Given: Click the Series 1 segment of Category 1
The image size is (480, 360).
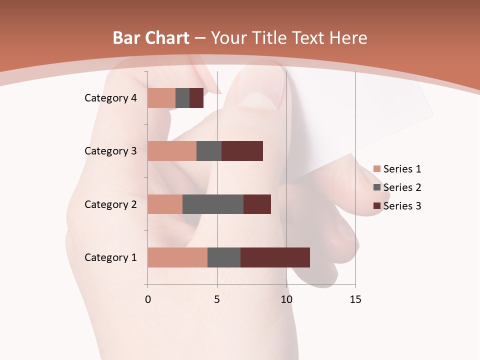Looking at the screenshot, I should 177,257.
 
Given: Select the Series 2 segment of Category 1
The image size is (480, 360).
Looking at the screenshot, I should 224,257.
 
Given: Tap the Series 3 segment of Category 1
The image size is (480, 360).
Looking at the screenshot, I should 275,257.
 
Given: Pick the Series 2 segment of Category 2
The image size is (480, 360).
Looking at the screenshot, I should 213,204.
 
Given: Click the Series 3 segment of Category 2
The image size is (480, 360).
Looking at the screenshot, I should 257,204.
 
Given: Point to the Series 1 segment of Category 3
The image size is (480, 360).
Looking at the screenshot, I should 172,151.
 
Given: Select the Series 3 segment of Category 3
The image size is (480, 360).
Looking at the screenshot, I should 242,151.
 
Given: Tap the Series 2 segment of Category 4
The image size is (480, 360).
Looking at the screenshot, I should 182,98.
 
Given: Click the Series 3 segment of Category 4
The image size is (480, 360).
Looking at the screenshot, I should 196,98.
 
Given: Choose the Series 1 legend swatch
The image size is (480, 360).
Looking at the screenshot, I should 376,169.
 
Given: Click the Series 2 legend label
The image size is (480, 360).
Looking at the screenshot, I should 402,187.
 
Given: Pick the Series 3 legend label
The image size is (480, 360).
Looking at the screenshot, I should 402,206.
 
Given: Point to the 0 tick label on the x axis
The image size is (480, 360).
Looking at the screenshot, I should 147,299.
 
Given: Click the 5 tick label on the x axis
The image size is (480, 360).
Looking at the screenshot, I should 217,299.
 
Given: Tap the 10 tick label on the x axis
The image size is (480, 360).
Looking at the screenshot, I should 286,299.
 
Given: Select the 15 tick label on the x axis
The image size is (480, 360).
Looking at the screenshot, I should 355,299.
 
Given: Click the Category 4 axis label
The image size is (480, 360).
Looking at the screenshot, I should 110,98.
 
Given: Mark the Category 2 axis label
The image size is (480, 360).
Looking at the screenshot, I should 110,204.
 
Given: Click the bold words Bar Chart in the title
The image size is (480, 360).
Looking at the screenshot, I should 151,38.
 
